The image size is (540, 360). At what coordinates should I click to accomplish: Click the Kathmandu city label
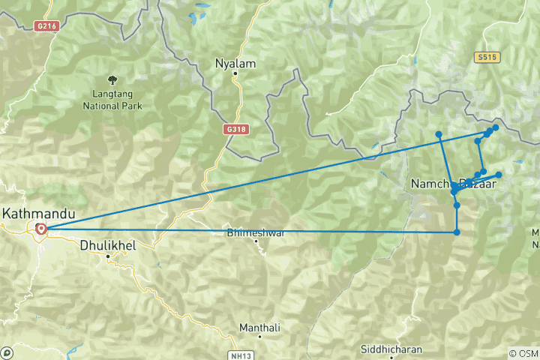tap(39, 214)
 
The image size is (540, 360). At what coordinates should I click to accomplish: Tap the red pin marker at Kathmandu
tap(41, 229)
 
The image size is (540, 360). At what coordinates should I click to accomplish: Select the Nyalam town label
tap(235, 64)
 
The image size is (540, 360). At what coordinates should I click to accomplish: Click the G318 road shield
tap(236, 129)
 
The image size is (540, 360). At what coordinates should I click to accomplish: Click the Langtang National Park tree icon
tap(112, 79)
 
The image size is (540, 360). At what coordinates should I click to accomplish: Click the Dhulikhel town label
tap(107, 244)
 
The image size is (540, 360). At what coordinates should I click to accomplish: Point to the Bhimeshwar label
tap(257, 233)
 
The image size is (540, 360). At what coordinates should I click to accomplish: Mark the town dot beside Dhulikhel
tap(108, 256)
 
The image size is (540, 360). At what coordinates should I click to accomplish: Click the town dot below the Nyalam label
tap(235, 74)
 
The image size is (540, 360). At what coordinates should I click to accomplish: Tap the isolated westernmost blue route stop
tap(439, 134)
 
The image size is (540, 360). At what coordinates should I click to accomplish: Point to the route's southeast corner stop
tap(457, 232)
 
